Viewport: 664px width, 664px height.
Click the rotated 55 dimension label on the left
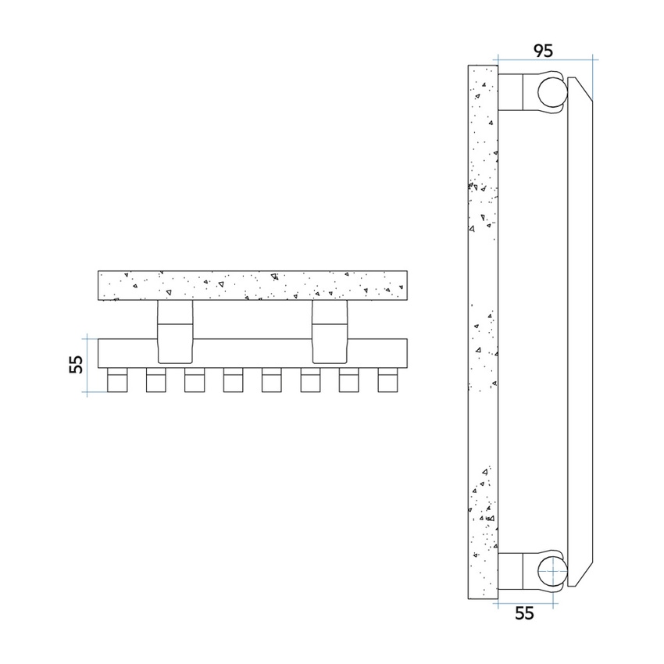[x=75, y=365]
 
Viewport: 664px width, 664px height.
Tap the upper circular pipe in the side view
[x=552, y=93]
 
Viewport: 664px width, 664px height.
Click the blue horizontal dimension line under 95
[x=545, y=60]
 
